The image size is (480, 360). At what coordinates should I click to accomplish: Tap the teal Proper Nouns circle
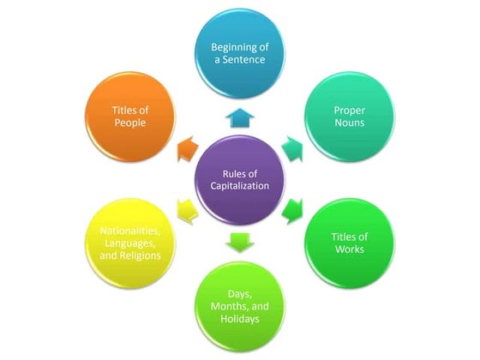(x=350, y=114)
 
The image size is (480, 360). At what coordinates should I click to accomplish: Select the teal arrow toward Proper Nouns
(x=295, y=147)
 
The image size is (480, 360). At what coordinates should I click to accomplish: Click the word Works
(x=350, y=249)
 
